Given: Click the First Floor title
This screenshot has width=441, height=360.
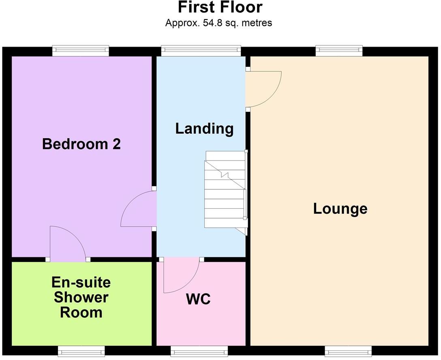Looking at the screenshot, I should (220, 8).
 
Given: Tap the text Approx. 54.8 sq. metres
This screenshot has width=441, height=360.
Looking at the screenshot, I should (218, 23).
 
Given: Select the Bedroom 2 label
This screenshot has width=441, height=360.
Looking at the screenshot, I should (81, 144).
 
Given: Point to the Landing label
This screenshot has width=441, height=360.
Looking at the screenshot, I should (204, 129).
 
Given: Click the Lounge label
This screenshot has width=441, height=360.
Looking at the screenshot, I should (340, 209).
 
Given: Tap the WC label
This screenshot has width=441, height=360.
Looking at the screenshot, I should (198, 300).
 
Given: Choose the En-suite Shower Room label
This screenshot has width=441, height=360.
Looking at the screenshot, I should (81, 297).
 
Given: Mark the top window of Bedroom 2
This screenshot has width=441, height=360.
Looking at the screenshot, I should (81, 51).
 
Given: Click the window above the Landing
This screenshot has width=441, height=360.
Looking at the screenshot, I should (201, 51).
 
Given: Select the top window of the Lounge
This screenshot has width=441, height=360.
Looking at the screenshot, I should (338, 51).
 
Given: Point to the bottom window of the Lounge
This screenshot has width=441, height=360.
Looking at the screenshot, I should (348, 351).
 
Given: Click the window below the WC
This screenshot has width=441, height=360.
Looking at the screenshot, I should (199, 351).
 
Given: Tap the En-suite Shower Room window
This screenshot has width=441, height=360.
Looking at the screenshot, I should (81, 351).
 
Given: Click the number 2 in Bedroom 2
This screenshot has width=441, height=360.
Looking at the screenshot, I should (116, 144).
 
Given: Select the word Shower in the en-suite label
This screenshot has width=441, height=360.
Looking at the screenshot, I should (81, 297).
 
